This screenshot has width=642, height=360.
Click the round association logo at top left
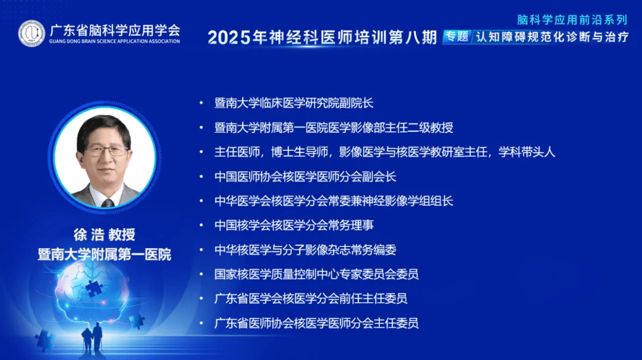click(32, 33)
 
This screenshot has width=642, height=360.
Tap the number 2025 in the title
click(229, 37)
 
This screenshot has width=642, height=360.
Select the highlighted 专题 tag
click(457, 37)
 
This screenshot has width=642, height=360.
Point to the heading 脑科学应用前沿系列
click(572, 20)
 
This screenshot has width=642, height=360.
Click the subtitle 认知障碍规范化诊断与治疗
click(552, 37)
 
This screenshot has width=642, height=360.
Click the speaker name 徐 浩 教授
click(105, 235)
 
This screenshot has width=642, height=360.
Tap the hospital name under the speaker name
click(105, 254)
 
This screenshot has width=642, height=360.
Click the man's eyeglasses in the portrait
click(106, 151)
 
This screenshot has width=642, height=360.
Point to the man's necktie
click(108, 203)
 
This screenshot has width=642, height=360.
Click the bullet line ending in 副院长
click(294, 103)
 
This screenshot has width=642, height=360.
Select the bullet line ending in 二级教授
click(333, 128)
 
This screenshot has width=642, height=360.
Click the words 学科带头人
click(527, 152)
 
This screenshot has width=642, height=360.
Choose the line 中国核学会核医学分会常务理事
click(294, 225)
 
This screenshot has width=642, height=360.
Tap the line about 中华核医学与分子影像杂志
click(305, 250)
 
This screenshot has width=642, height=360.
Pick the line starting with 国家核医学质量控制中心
click(316, 274)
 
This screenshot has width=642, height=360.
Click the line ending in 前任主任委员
click(310, 299)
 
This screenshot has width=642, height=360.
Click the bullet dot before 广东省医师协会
click(201, 323)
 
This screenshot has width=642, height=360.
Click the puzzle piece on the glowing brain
click(94, 288)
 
